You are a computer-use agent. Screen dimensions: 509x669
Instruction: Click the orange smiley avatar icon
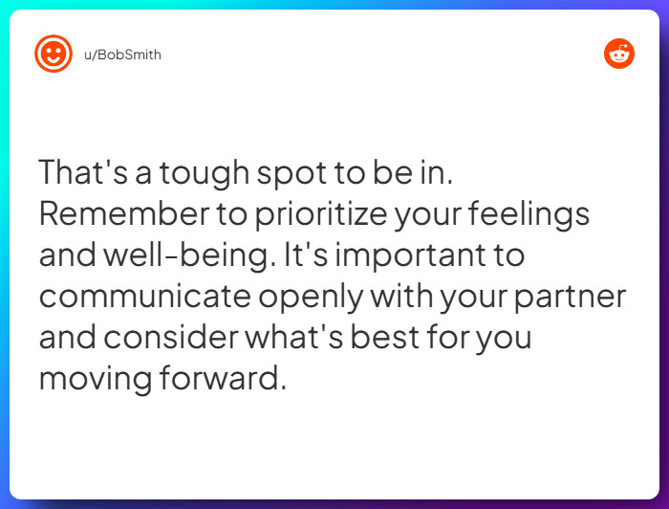pos(54,54)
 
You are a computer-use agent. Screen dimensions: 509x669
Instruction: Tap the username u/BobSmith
pos(122,55)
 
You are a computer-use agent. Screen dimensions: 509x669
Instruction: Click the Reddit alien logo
pos(619,54)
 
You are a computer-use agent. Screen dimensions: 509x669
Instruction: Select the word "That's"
pos(81,173)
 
